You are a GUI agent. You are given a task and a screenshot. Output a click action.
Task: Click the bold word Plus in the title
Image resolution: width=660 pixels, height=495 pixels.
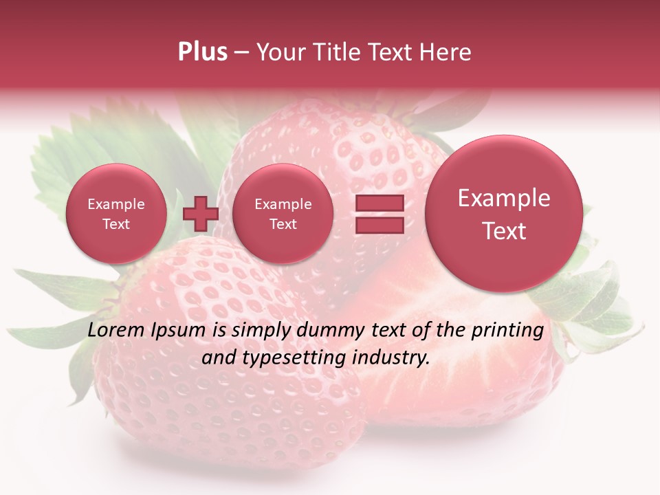(x=202, y=52)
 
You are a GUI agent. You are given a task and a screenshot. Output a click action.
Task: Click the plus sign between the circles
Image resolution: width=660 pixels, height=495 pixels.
(x=200, y=213)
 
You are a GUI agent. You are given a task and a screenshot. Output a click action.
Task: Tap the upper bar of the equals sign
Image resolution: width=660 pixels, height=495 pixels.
(x=379, y=203)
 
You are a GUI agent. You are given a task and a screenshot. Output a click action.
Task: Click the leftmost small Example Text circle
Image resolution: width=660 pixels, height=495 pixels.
(x=116, y=214)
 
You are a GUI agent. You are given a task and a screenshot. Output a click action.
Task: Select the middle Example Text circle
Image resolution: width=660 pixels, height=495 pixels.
(x=283, y=214)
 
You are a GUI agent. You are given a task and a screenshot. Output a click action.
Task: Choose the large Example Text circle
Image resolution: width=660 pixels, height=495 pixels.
(x=504, y=214)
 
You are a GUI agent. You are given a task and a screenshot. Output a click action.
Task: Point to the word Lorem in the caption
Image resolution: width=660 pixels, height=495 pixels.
(x=114, y=331)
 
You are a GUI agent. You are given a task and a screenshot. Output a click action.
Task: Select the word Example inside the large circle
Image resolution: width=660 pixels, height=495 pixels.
(x=504, y=198)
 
